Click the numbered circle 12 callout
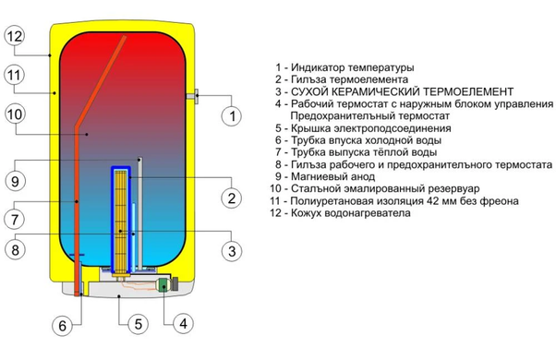point(15,36)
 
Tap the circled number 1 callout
point(232,115)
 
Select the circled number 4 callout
point(183,323)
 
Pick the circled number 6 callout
point(63,325)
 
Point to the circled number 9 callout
point(15,181)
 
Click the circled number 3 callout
point(232,251)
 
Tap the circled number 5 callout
point(138,323)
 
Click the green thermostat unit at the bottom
point(163,284)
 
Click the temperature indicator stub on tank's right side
point(193,96)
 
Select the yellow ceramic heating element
point(121,222)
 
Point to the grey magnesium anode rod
point(139,212)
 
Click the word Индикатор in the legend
point(318,67)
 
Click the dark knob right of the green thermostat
point(175,284)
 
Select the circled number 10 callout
point(15,114)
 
